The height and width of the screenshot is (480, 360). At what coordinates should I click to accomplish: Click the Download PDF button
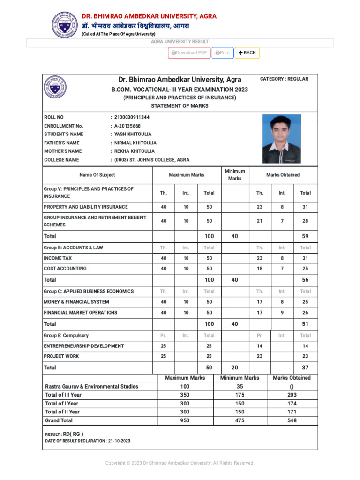point(189,53)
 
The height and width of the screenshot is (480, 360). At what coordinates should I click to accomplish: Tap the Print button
point(223,53)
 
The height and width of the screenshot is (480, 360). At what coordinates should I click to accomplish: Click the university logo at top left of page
point(62,25)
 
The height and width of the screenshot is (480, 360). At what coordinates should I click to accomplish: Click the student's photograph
point(282,139)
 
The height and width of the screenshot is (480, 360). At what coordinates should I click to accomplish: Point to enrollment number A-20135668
point(127,126)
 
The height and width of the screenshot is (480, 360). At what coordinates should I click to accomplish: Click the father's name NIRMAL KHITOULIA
point(135,142)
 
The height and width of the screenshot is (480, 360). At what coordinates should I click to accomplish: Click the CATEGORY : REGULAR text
point(284,79)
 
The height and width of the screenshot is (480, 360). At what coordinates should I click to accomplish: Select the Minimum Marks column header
point(234,175)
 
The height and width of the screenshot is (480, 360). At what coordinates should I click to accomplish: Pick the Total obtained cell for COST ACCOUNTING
point(305,269)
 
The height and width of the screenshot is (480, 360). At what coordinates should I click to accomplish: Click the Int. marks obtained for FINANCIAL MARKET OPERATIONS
point(282,313)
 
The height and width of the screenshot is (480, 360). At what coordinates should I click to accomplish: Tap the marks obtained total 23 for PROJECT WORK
point(305,356)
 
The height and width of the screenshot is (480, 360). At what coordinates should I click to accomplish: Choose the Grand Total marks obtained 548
point(292,420)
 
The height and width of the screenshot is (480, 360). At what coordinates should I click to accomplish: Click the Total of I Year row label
point(61,403)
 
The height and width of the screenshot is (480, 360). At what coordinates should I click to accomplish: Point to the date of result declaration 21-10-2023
point(119,441)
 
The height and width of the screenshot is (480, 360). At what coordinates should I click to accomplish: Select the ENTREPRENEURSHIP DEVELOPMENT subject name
point(84,346)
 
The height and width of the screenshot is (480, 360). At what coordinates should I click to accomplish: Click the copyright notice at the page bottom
point(180,463)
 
